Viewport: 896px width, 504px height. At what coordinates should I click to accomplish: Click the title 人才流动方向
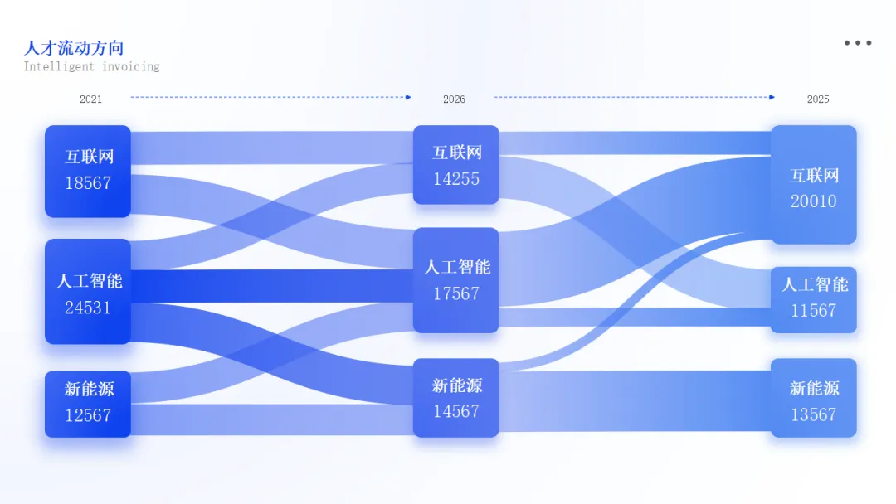click(x=74, y=47)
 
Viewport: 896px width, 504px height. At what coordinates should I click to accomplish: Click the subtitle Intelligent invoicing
click(x=91, y=66)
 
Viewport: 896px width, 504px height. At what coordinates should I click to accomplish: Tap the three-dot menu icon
click(x=858, y=43)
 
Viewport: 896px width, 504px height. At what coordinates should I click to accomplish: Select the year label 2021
click(x=91, y=99)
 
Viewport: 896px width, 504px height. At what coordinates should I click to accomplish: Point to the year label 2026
click(x=454, y=99)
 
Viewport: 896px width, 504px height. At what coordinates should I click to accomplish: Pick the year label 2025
click(x=818, y=99)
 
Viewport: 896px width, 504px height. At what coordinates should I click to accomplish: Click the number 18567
click(x=88, y=183)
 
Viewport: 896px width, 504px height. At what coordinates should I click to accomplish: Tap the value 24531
click(x=88, y=308)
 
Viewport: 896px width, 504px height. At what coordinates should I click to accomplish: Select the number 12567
click(x=88, y=415)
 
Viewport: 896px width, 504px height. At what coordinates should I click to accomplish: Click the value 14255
click(x=456, y=178)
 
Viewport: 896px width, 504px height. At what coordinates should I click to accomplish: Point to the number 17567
click(x=456, y=293)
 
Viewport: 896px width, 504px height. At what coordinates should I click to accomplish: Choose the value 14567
click(x=456, y=411)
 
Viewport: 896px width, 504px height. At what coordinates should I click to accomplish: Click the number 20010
click(x=814, y=201)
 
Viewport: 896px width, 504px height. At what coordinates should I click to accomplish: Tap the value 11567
click(x=814, y=311)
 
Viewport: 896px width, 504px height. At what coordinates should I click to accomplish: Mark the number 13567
click(x=814, y=414)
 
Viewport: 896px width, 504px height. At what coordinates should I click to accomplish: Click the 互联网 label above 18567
click(x=89, y=157)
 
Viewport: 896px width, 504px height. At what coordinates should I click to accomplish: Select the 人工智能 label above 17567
click(x=457, y=267)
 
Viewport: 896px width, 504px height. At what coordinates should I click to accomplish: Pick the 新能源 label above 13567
click(x=814, y=388)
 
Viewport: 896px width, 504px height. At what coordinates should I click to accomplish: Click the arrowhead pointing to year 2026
click(x=408, y=97)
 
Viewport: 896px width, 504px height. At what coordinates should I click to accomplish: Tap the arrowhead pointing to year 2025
click(x=772, y=97)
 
